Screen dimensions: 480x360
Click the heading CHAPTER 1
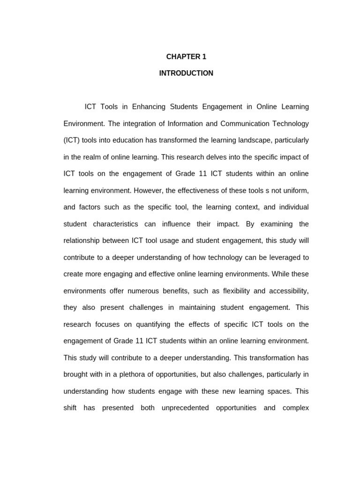[x=186, y=57]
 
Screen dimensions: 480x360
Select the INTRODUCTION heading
[x=186, y=73]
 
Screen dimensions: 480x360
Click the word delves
[x=212, y=157]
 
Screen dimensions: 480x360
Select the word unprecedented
[x=185, y=408]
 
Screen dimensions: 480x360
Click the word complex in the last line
[x=296, y=408]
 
